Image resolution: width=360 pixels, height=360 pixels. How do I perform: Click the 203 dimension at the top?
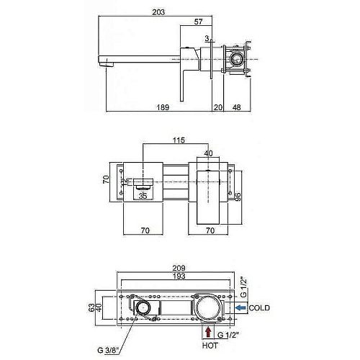click(158, 12)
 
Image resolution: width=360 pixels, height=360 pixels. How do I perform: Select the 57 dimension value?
click(198, 22)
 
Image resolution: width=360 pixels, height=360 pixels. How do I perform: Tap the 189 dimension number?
click(163, 107)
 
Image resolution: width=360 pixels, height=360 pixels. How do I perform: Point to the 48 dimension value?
click(236, 107)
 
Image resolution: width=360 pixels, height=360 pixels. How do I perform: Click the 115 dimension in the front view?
click(179, 140)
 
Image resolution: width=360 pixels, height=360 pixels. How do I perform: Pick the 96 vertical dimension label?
click(238, 197)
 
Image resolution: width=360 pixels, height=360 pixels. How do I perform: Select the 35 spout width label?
click(143, 196)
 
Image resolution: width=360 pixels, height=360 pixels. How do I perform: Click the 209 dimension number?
click(179, 268)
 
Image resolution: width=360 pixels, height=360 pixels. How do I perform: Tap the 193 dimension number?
click(179, 276)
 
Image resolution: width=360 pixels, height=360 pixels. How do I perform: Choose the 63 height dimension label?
click(91, 307)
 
